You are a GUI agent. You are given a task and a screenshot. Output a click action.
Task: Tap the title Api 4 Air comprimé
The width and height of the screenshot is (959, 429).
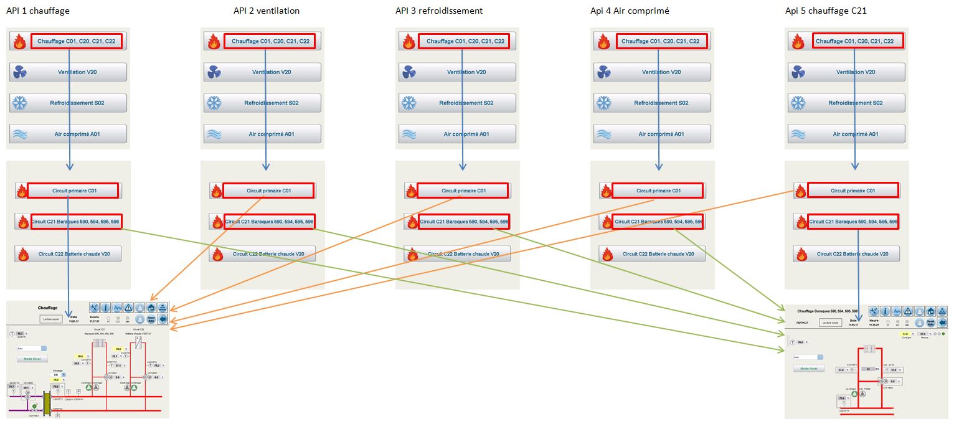[x=630, y=11]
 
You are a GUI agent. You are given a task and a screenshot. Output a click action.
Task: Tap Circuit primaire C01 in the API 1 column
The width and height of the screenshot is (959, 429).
[x=73, y=191]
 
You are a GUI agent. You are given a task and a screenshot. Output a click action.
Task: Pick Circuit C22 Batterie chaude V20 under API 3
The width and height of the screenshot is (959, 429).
[x=463, y=254]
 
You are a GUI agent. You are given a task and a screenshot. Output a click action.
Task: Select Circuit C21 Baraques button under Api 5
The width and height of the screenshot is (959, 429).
[x=853, y=222]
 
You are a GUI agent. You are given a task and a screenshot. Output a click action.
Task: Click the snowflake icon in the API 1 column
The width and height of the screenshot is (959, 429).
[x=19, y=103]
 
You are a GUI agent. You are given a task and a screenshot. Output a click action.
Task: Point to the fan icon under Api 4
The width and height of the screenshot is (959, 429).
[x=603, y=73]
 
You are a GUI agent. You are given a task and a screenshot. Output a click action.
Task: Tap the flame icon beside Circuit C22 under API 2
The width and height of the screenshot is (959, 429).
[x=216, y=254]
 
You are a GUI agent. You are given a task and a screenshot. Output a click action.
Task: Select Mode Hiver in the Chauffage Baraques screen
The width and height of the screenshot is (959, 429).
[x=809, y=369]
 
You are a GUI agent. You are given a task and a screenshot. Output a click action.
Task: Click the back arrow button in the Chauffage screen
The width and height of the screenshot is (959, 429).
[x=163, y=319]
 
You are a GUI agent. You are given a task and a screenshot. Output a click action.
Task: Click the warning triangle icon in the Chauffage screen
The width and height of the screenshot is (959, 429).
[x=128, y=308]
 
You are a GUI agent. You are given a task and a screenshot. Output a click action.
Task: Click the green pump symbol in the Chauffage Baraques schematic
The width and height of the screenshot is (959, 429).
[x=863, y=394]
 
